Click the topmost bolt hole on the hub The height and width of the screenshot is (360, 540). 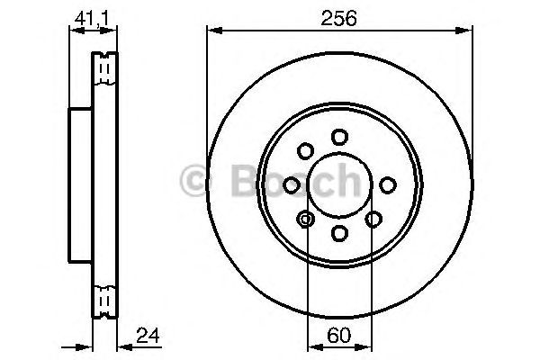tap(339, 137)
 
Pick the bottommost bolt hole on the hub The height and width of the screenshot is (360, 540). tap(339, 233)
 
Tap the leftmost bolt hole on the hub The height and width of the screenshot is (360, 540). tap(292, 184)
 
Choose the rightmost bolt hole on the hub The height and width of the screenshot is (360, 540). tap(388, 184)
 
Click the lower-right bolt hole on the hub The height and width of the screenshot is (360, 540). tap(373, 219)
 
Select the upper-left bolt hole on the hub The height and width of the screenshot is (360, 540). tap(306, 150)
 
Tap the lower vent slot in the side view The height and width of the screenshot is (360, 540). tap(105, 297)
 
